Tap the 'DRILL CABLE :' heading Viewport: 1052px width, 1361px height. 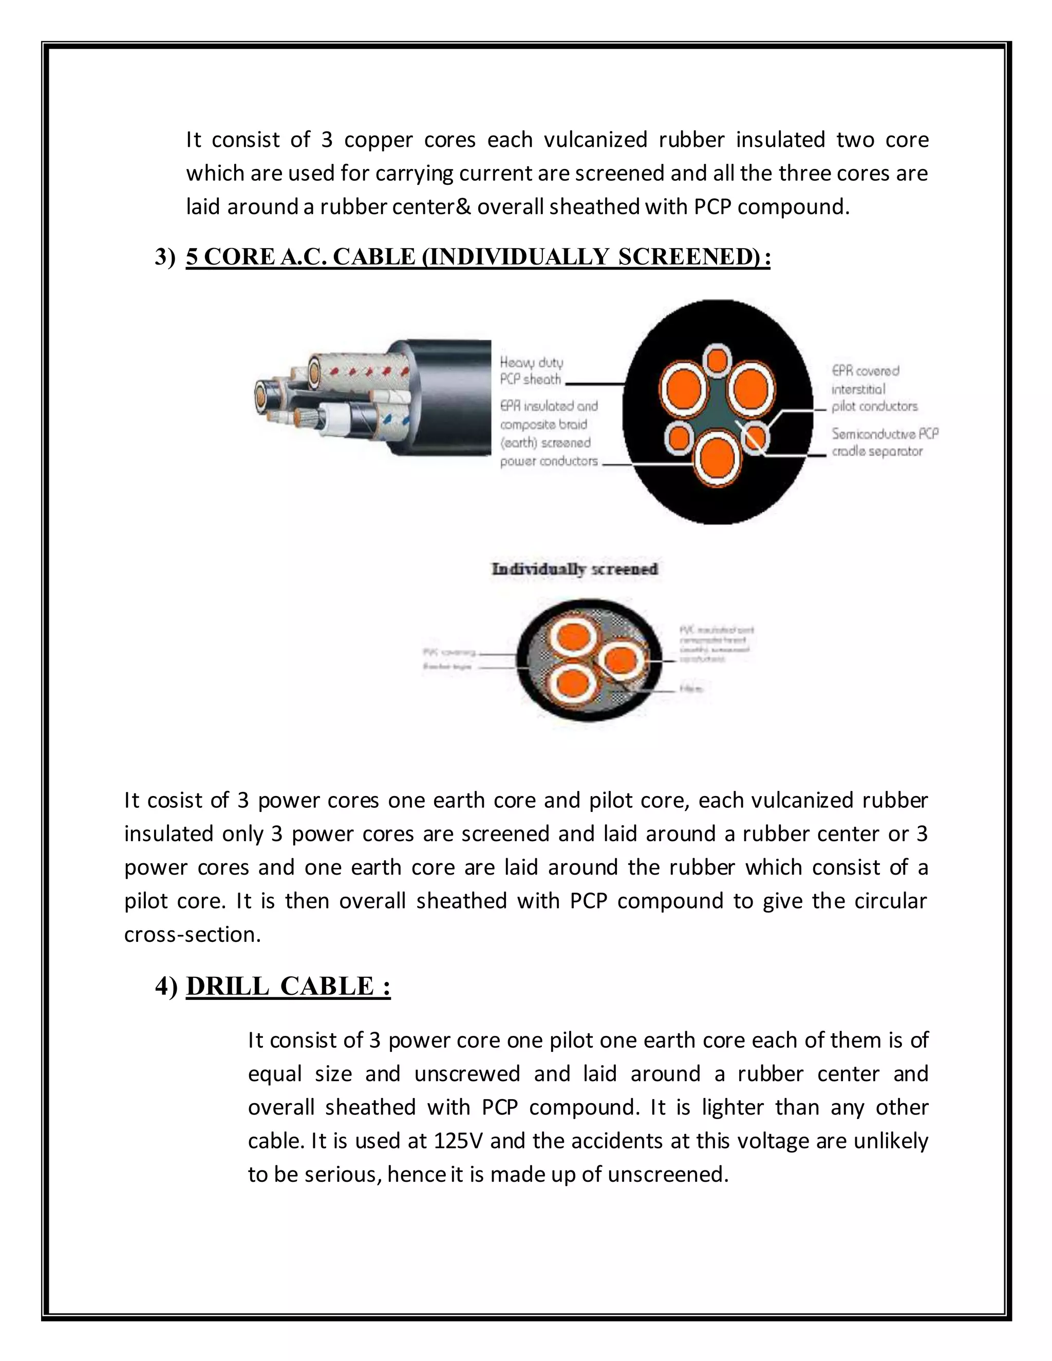[288, 986]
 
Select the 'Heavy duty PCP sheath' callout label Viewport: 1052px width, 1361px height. [532, 371]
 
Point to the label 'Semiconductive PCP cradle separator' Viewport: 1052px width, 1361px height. [885, 442]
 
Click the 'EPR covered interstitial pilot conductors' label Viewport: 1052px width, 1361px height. [875, 388]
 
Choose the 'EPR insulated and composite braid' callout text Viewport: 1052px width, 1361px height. [549, 415]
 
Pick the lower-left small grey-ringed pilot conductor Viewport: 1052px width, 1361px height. [679, 438]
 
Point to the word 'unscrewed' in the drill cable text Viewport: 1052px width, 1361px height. [467, 1073]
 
